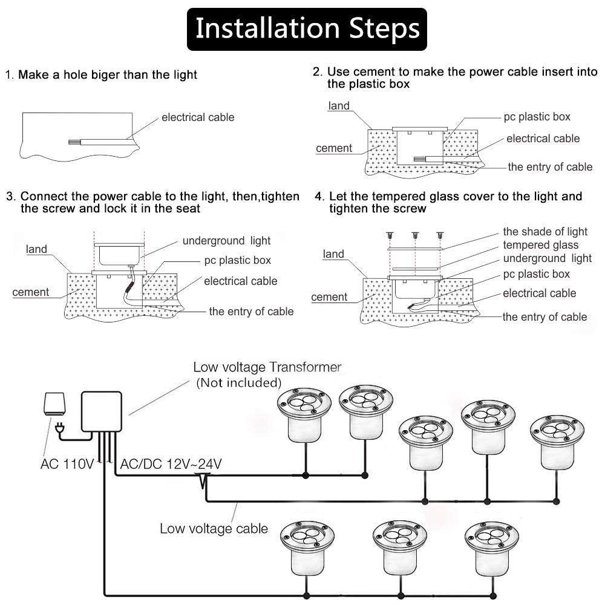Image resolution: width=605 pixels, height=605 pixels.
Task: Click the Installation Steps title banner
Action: point(307,29)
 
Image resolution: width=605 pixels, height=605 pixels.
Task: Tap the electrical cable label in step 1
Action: point(197,117)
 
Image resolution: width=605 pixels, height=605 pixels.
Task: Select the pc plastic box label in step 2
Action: point(537,117)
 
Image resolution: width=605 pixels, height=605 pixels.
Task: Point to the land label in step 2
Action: point(339,106)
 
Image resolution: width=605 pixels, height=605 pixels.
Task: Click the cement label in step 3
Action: point(31,292)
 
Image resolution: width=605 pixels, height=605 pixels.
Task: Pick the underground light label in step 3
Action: point(226,241)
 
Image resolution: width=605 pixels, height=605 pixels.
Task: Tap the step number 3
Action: point(10,197)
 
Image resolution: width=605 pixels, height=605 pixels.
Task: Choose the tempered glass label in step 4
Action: point(540,245)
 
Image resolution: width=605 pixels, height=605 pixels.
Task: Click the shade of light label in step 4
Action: point(544,232)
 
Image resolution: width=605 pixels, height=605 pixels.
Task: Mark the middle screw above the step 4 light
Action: point(415,235)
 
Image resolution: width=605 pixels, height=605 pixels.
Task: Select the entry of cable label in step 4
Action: point(544,317)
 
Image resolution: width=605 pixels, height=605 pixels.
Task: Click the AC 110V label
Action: point(67,465)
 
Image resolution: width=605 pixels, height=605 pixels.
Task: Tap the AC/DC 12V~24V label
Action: point(171,465)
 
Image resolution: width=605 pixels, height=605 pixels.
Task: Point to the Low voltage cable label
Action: point(214,528)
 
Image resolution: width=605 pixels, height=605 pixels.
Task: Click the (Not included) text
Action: point(238,382)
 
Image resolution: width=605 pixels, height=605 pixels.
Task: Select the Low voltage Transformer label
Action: point(267,367)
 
